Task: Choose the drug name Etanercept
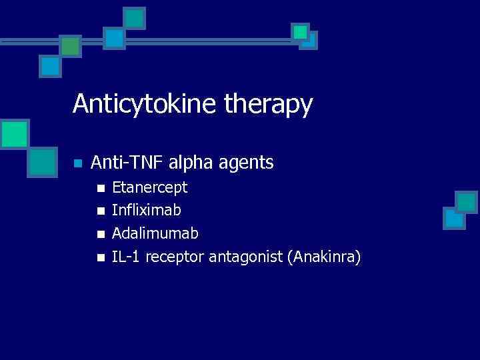click(149, 187)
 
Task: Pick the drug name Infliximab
click(146, 210)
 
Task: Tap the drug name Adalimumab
click(155, 233)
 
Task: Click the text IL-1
click(125, 256)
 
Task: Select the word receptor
click(174, 257)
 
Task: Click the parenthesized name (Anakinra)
click(323, 257)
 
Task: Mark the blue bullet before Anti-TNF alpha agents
click(77, 163)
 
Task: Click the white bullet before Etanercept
click(101, 188)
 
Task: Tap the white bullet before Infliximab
click(101, 211)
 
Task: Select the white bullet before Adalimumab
click(101, 234)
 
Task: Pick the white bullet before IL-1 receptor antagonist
click(101, 257)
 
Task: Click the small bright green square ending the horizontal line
click(300, 31)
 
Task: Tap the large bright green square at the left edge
click(13, 134)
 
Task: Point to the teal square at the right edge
click(466, 201)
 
